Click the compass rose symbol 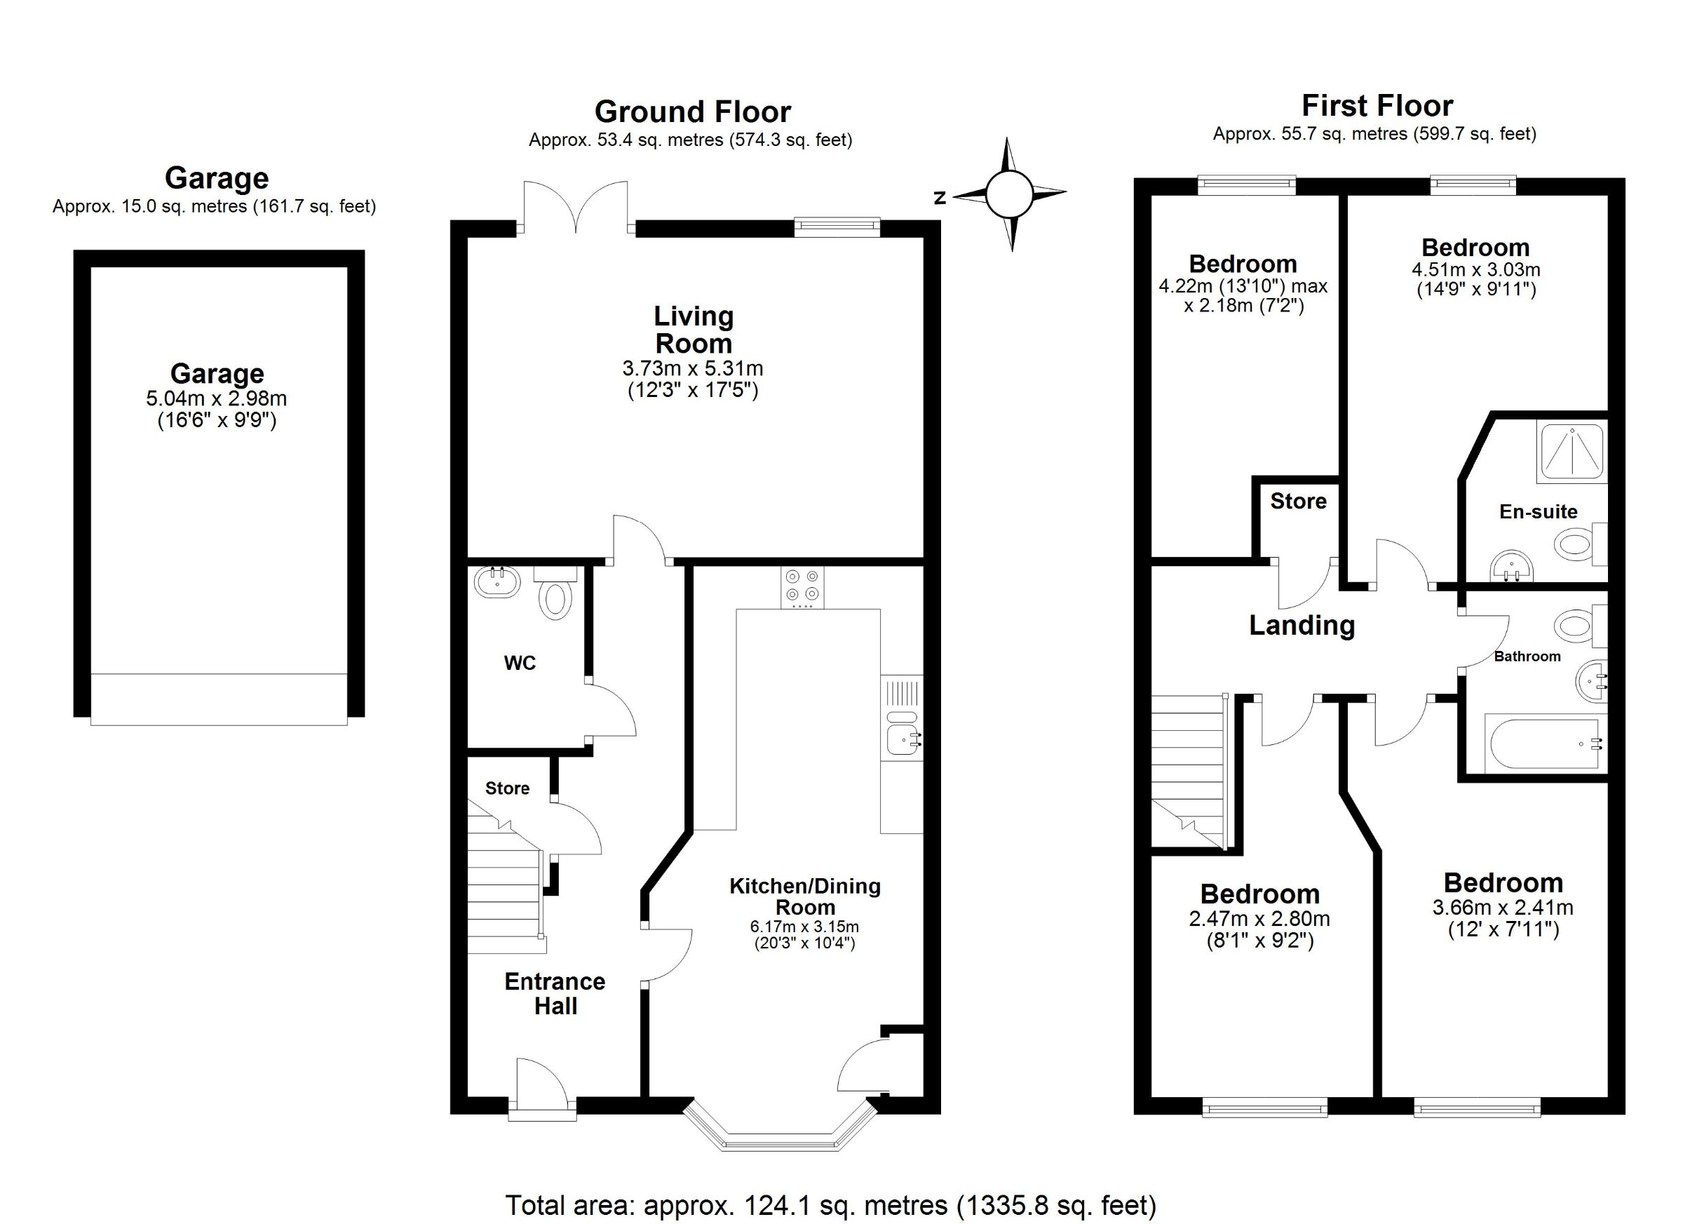[x=1009, y=194]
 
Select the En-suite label [x=1539, y=511]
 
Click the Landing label [x=1302, y=625]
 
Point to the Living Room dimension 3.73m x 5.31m [x=692, y=368]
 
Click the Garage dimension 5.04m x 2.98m [x=217, y=398]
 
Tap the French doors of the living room [x=576, y=208]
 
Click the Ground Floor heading [x=692, y=112]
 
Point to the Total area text [x=830, y=1206]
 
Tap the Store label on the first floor [x=1298, y=501]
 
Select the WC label [x=520, y=663]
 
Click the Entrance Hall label [x=555, y=993]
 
